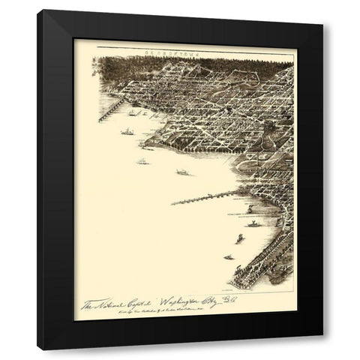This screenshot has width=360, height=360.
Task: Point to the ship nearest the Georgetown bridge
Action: [x=133, y=113]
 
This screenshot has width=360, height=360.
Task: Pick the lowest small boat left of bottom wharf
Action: [x=228, y=257]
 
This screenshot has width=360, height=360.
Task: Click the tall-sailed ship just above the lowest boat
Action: [x=239, y=238]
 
